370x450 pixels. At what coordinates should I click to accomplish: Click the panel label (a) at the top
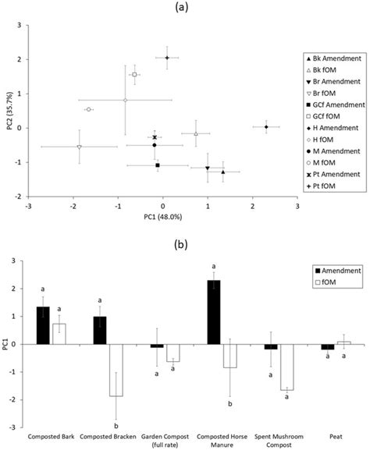pos(185,7)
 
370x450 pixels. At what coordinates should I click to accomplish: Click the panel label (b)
pos(185,234)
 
